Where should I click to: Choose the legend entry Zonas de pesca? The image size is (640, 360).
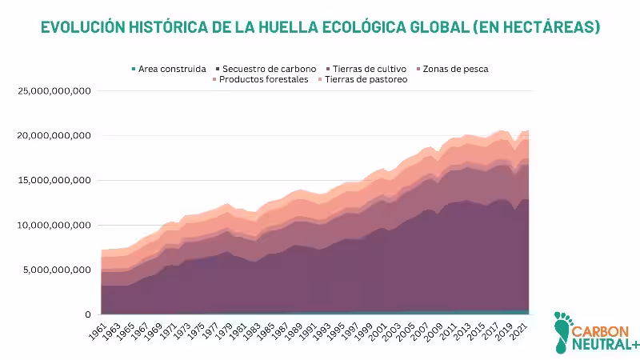[x=454, y=69]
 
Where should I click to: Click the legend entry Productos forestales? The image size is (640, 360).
[x=262, y=79]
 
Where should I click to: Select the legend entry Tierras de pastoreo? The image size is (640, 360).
[x=365, y=79]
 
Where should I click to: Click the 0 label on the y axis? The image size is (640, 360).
[x=89, y=315]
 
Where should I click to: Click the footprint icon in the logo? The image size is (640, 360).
[x=564, y=332]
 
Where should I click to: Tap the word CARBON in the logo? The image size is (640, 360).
[x=606, y=329]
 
